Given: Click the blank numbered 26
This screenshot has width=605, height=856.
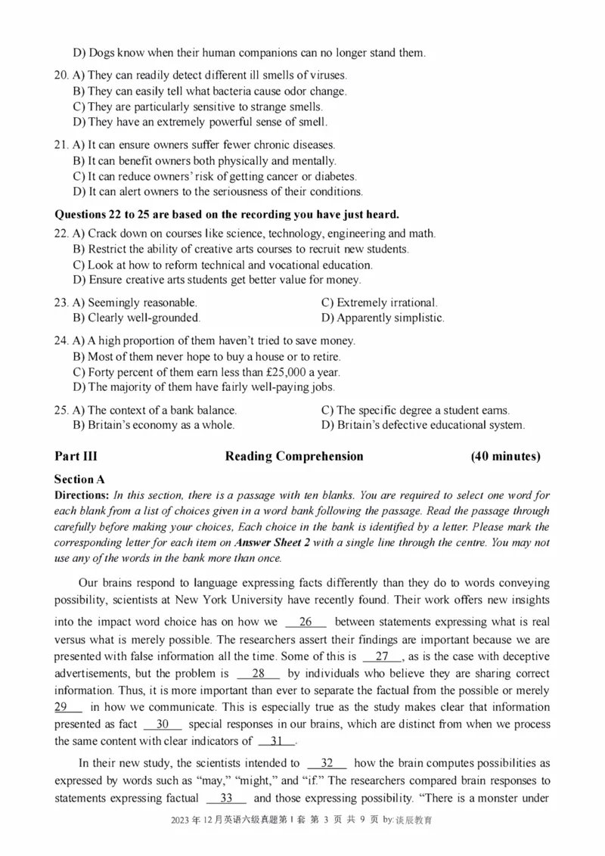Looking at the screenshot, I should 306,623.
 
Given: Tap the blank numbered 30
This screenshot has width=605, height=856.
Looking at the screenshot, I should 162,724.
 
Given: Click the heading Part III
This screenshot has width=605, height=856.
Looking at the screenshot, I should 76,456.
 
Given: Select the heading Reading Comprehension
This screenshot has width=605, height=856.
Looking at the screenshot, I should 294,456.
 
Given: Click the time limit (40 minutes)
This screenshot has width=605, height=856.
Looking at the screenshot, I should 505,456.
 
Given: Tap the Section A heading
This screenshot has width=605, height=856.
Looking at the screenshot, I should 79,479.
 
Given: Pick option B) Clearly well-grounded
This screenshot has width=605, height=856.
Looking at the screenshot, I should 136,318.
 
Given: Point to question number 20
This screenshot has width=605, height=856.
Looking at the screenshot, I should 62,76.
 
